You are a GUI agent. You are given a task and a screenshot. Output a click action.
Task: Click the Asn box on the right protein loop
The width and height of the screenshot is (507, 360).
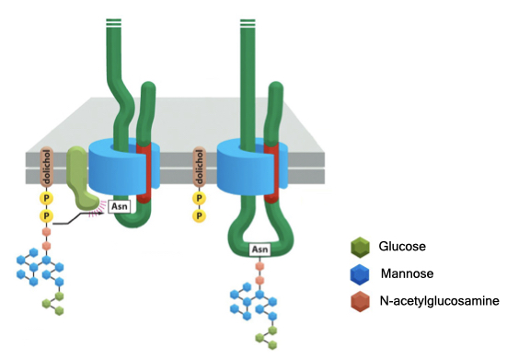point(260,249)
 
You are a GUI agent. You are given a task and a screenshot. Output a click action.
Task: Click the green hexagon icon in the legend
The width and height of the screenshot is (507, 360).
point(361,247)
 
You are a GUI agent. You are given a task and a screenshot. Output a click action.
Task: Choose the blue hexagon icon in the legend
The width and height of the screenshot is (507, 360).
point(361,273)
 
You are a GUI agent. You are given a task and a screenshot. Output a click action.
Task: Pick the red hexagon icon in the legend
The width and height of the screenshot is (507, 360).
point(361,301)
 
